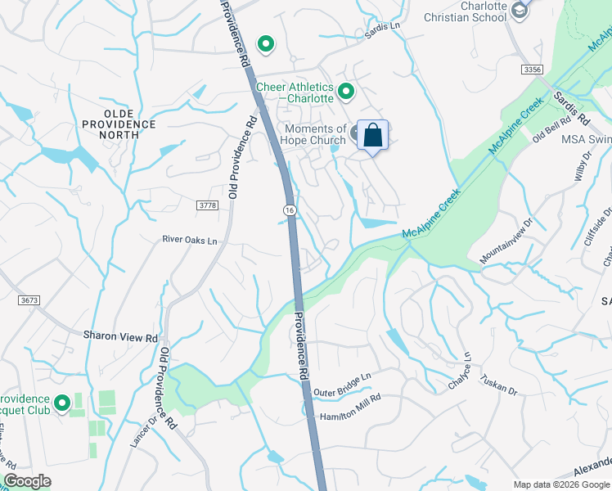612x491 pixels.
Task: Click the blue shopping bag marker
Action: coord(372,135)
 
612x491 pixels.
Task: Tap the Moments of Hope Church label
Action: coord(315,135)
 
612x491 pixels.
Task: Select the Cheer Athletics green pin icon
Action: coord(345,92)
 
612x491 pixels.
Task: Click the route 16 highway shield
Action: coord(290,210)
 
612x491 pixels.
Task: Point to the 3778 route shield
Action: coord(208,205)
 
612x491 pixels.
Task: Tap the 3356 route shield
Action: coord(533,70)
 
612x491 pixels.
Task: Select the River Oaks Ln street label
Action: coord(190,241)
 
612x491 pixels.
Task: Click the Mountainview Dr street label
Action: coord(506,241)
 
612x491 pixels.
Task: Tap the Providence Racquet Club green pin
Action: coord(61,403)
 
